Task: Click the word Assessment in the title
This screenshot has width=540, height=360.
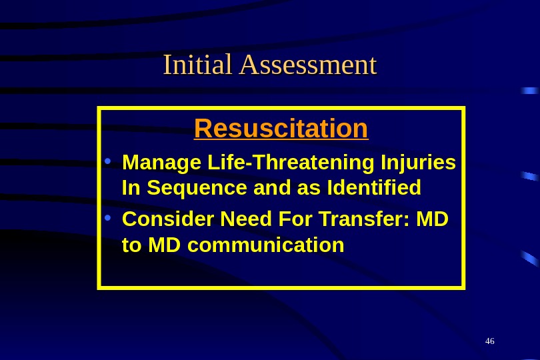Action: pyautogui.click(x=307, y=65)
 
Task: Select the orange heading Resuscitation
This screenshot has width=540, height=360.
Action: pyautogui.click(x=281, y=128)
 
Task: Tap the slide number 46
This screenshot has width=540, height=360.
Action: pyautogui.click(x=490, y=341)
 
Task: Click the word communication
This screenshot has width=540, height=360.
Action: pyautogui.click(x=266, y=245)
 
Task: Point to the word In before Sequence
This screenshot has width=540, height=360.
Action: pyautogui.click(x=132, y=189)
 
